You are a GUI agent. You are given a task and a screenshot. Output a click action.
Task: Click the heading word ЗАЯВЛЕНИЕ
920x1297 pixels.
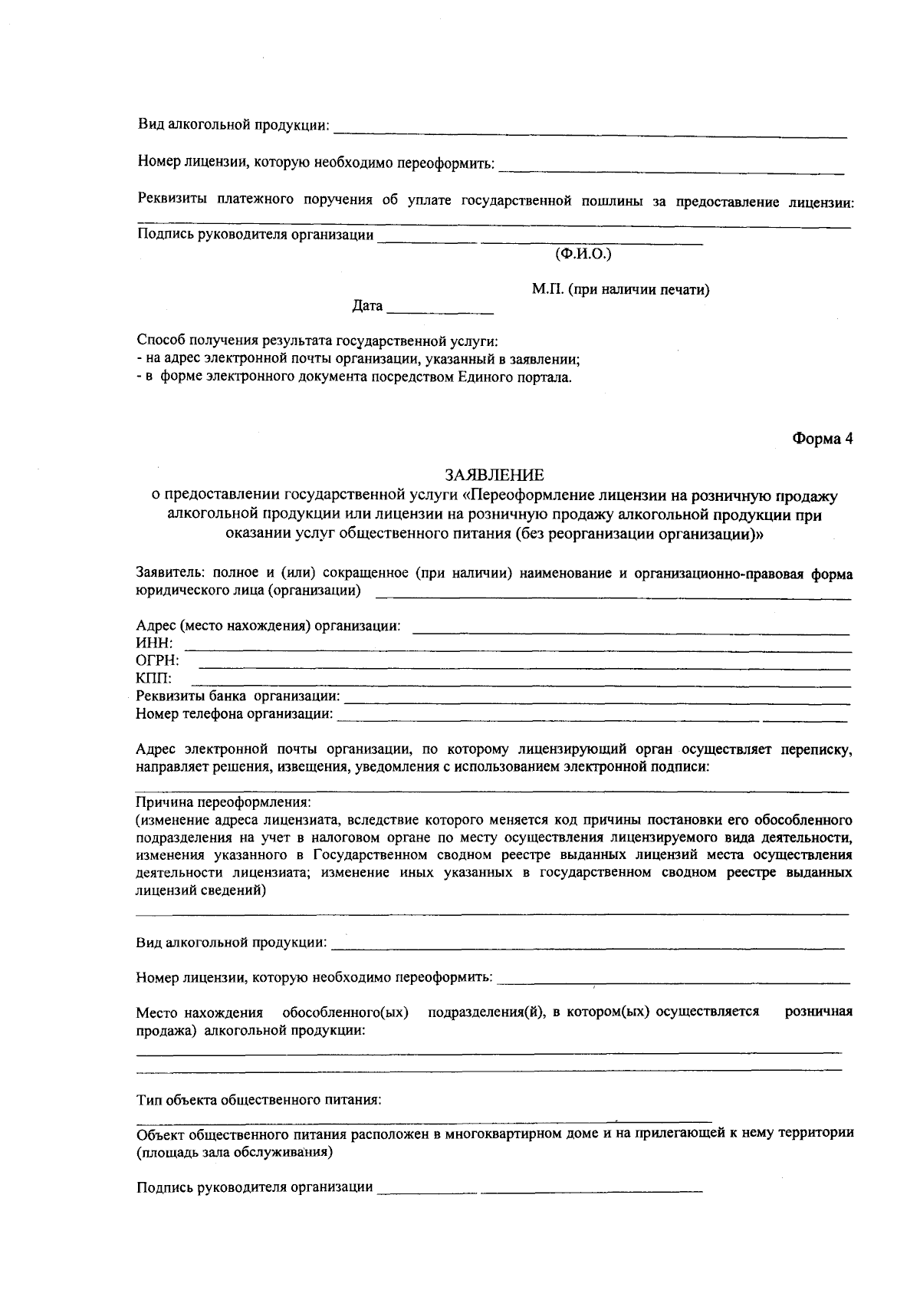click(495, 476)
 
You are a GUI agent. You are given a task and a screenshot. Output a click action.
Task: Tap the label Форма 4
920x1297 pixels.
click(822, 439)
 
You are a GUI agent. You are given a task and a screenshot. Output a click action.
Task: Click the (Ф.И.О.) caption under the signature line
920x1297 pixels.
click(583, 253)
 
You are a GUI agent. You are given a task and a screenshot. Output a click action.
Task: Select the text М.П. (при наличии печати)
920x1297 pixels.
click(620, 289)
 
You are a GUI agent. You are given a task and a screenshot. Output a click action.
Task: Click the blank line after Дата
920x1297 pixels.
click(440, 311)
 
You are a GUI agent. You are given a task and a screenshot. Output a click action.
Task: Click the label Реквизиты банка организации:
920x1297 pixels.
click(238, 696)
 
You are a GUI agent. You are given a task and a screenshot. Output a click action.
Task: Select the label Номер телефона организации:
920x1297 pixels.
click(235, 714)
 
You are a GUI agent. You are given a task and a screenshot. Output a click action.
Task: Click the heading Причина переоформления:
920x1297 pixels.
click(223, 802)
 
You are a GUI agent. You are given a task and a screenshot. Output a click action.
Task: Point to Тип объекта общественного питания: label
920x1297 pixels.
click(258, 1100)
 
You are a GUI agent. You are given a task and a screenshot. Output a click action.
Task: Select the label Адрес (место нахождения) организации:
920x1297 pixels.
click(268, 625)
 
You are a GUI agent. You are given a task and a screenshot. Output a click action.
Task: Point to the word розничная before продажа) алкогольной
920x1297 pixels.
click(819, 1012)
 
